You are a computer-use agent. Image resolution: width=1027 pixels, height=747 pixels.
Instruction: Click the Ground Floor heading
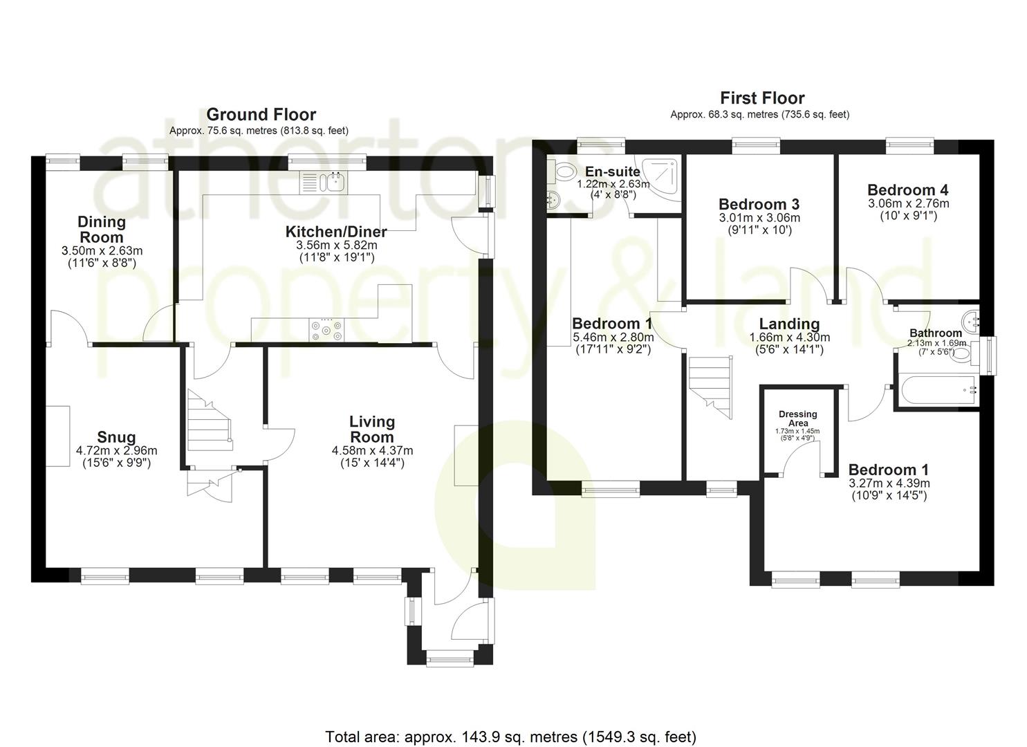(261, 114)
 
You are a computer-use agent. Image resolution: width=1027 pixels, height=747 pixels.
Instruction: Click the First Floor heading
(762, 98)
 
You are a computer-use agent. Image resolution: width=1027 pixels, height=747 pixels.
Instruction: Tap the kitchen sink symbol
(326, 183)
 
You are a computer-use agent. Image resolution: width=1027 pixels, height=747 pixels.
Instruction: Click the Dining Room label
(102, 229)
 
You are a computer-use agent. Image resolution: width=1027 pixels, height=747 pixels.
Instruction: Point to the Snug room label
(116, 437)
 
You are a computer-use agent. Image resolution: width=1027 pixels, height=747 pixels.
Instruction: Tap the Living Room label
(372, 429)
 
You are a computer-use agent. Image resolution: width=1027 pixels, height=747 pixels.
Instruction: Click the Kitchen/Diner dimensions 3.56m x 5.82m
(337, 245)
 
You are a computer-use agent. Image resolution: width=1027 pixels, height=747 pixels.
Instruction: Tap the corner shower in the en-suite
(660, 179)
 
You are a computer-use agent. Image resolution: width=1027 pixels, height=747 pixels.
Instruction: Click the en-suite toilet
(564, 171)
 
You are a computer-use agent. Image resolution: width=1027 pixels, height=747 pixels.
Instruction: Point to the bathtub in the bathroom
(938, 391)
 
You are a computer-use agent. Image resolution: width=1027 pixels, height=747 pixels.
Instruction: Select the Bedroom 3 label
(759, 204)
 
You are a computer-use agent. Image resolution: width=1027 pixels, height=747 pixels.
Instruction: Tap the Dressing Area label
(797, 418)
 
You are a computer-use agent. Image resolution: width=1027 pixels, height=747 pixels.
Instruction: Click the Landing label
(789, 324)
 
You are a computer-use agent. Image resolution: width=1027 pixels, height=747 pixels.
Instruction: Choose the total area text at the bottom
(510, 737)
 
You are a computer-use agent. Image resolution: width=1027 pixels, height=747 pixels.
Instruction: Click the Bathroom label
(935, 333)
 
